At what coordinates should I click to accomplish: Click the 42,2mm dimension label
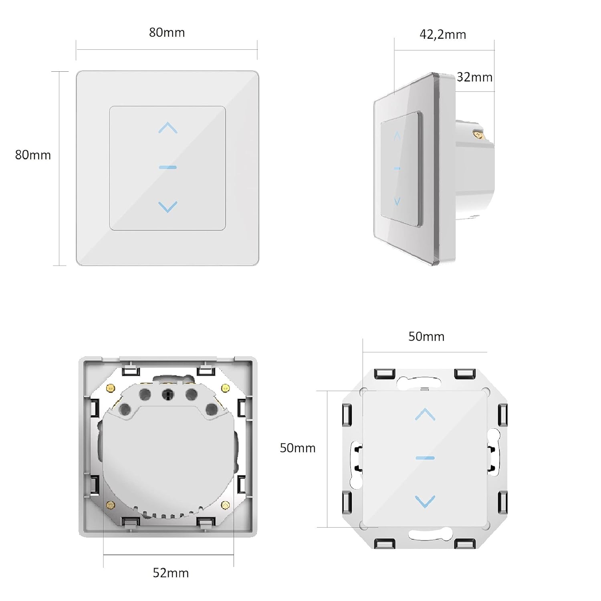click(443, 35)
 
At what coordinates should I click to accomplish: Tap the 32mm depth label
click(475, 77)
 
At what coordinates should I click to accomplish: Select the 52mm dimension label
click(171, 573)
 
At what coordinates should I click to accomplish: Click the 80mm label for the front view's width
click(167, 32)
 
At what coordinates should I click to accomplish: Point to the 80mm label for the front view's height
click(33, 155)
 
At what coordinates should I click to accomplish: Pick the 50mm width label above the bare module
click(426, 337)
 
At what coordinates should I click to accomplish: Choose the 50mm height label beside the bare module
click(298, 448)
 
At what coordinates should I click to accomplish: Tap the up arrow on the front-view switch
click(168, 128)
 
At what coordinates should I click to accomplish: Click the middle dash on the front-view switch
click(168, 167)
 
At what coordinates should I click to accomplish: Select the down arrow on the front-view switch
click(168, 207)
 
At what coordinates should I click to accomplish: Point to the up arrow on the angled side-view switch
click(397, 136)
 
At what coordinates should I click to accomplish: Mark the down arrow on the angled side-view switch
click(397, 201)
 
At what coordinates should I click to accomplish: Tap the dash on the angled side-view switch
click(397, 168)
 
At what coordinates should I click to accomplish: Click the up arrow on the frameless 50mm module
click(425, 414)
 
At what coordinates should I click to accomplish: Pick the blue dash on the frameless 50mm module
click(425, 458)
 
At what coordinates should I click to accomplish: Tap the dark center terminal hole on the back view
click(168, 395)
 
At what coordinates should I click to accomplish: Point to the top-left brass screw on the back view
click(111, 388)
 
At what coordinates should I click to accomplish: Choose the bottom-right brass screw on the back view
click(226, 505)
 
